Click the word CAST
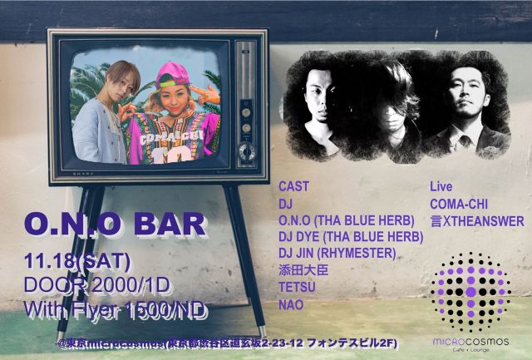point(293,185)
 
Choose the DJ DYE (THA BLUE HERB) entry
point(350,237)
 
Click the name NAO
point(291,305)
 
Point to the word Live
point(440,185)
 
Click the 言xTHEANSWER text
point(476,220)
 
